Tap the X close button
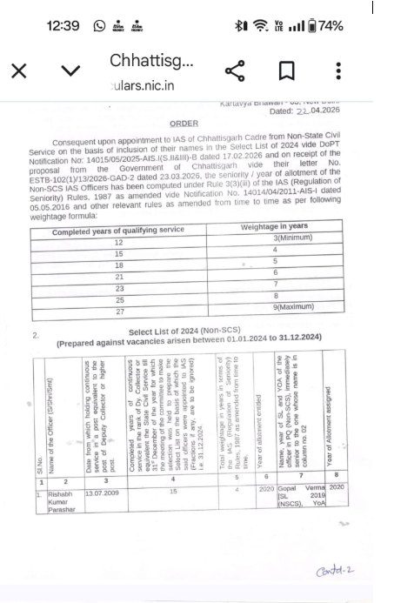(x=18, y=71)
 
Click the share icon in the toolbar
(x=234, y=71)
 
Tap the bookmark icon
(x=286, y=71)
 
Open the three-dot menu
(x=338, y=71)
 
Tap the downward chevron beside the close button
(x=70, y=71)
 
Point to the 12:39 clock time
(x=63, y=26)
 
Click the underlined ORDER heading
(x=184, y=124)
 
